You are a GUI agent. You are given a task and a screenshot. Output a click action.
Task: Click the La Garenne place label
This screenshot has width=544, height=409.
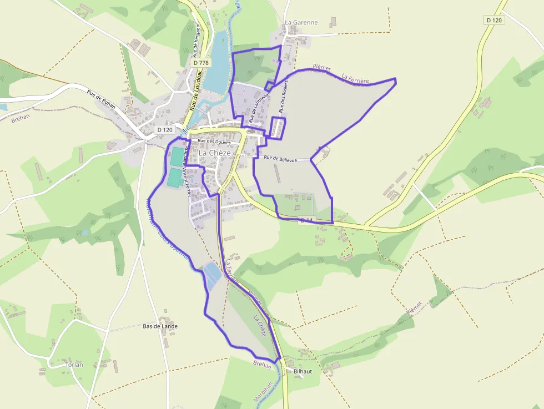coord(301,23)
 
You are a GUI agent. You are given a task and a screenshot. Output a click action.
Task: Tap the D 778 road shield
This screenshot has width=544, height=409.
coord(202,63)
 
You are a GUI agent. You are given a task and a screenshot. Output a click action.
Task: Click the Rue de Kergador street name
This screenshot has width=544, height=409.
coord(196,41)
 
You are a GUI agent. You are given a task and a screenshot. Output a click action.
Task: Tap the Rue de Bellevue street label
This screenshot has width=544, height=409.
coord(280,159)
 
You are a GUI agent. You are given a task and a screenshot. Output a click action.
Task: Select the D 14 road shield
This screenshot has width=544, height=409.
coord(306,220)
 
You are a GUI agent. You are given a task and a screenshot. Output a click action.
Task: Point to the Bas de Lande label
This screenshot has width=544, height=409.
coord(160,326)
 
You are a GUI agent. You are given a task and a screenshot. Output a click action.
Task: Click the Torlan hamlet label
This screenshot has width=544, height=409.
coord(74,365)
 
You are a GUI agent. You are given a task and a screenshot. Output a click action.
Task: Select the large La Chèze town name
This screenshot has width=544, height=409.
coord(214,153)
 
